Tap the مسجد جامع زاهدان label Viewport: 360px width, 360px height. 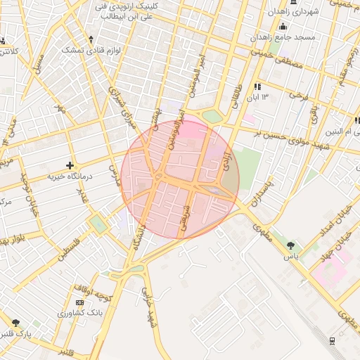point(304,37)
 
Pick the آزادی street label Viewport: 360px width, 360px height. point(226,160)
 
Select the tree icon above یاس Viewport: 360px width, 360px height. point(291,246)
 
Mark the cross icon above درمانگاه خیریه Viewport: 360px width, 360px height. point(70,165)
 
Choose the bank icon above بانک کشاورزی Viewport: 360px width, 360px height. point(79,302)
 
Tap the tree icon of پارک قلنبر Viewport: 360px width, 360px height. point(15,322)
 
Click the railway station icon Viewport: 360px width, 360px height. point(331,341)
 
